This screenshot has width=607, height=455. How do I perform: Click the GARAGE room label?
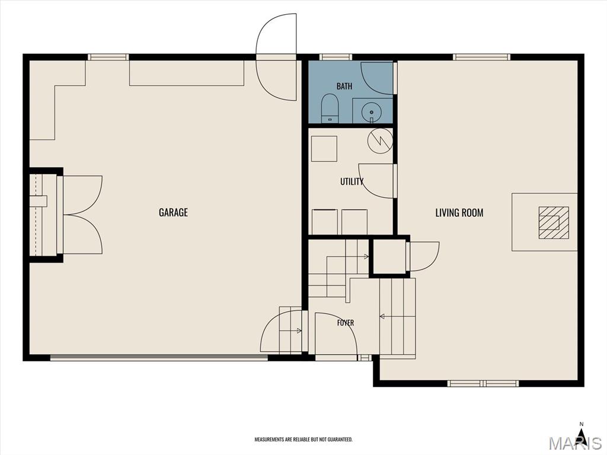(x=174, y=212)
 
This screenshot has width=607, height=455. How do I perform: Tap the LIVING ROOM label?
(x=459, y=213)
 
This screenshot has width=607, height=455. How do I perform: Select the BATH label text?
(x=344, y=86)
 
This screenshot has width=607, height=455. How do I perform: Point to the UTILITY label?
(x=352, y=181)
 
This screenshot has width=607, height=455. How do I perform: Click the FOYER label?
(x=346, y=323)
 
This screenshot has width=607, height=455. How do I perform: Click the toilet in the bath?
(x=330, y=108)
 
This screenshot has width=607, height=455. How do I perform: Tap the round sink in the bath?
(x=371, y=112)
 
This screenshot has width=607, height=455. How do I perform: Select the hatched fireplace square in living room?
(x=554, y=223)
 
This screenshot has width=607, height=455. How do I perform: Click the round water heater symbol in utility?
(x=380, y=140)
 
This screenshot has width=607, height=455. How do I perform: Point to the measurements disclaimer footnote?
(x=303, y=440)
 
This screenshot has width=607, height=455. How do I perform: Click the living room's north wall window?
(x=481, y=57)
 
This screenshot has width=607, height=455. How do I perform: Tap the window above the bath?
(x=336, y=57)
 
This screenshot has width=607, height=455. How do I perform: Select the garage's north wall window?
(x=108, y=57)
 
